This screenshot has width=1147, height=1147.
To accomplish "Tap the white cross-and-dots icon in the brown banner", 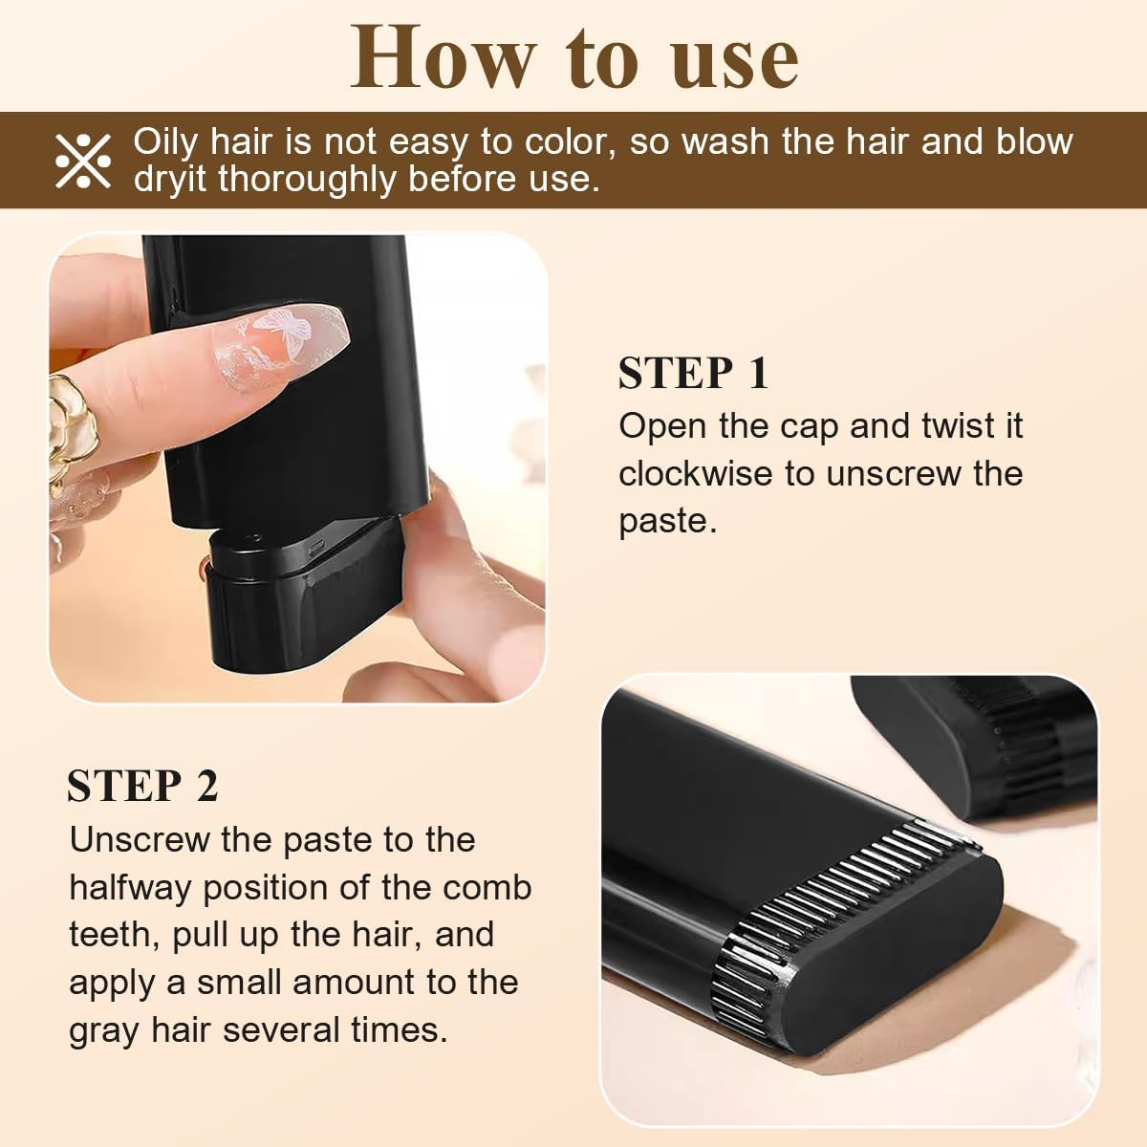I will tap(83, 160).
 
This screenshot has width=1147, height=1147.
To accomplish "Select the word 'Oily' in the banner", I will tap(164, 141).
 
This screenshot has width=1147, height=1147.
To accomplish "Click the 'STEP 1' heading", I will tap(693, 373).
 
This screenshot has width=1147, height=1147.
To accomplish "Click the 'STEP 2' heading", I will tap(142, 786).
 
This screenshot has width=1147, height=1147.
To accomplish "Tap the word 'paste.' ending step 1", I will tap(667, 522).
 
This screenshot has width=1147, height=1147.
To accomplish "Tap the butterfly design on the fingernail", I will tap(289, 334).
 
